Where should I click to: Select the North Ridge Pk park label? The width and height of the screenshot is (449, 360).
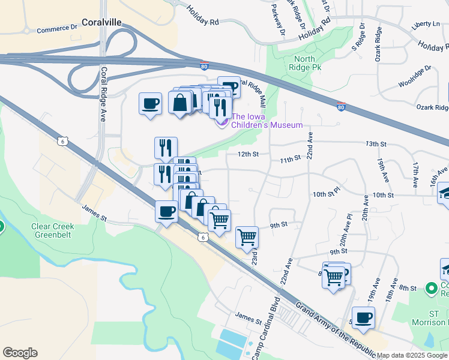click(x=308, y=63)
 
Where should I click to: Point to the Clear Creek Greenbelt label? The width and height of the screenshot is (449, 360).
click(x=53, y=231)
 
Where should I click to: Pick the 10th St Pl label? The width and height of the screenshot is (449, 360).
click(x=327, y=195)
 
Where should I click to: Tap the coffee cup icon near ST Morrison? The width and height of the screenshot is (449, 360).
click(x=363, y=317)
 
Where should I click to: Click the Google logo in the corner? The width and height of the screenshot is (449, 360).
click(x=20, y=353)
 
